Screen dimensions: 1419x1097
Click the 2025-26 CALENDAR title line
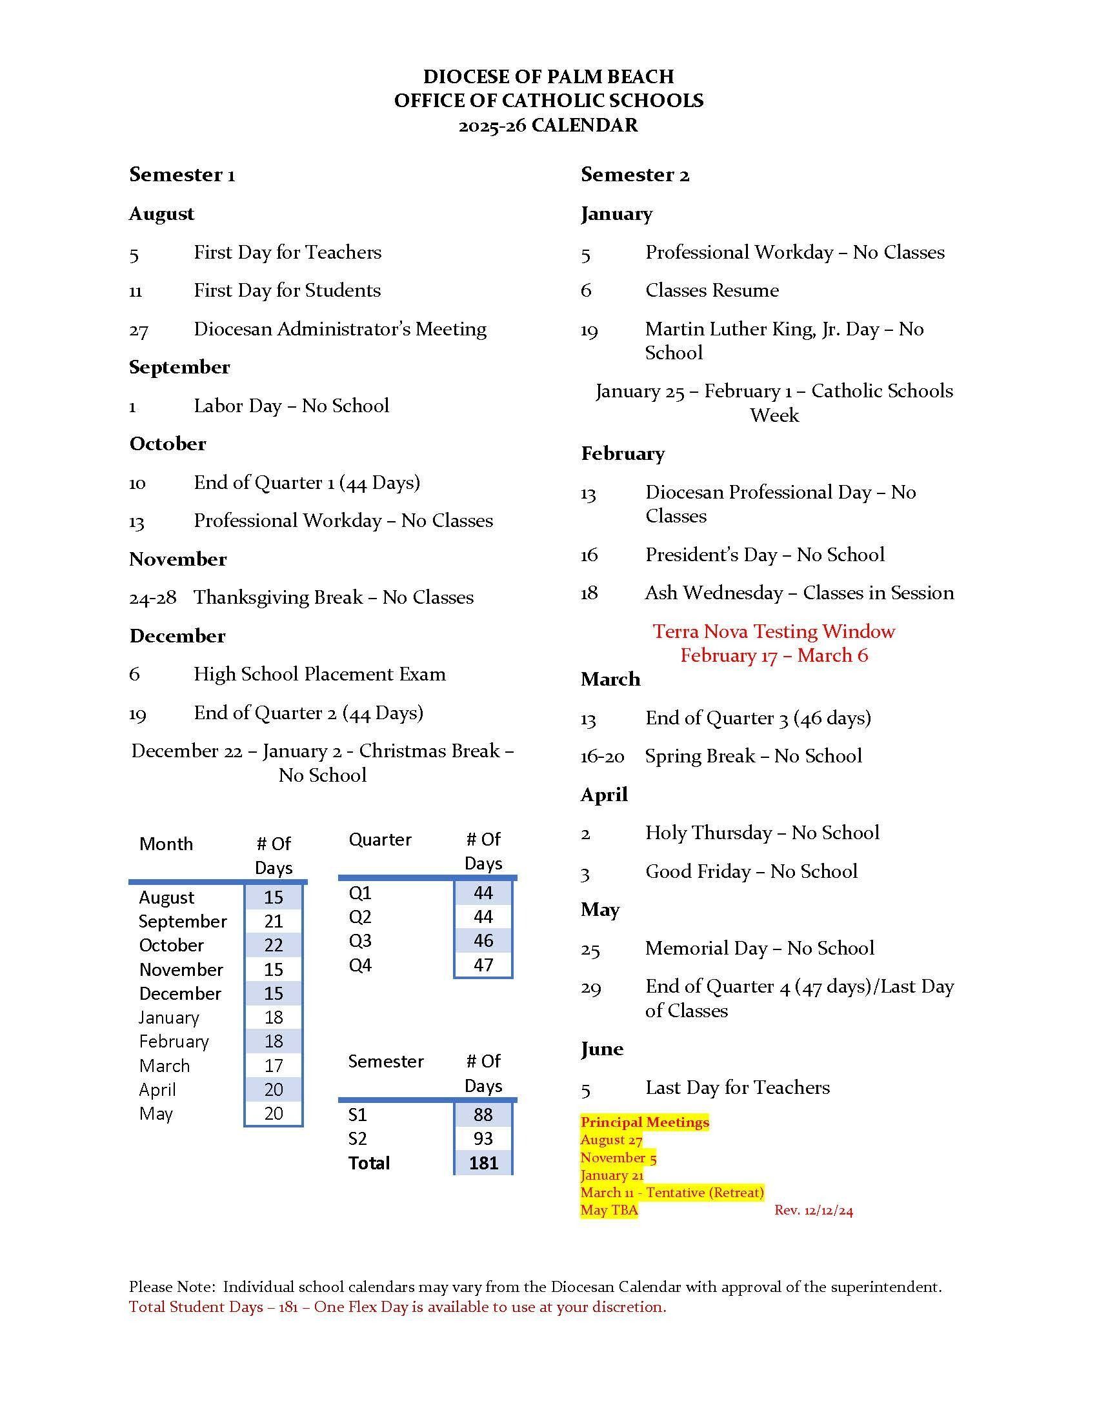click(x=548, y=124)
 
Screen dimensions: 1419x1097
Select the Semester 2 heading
click(x=635, y=174)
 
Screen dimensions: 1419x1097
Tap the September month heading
click(x=179, y=367)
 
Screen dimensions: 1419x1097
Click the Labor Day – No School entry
click(x=291, y=406)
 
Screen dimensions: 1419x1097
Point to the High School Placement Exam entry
click(x=319, y=675)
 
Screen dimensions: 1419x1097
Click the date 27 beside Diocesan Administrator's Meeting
click(x=139, y=330)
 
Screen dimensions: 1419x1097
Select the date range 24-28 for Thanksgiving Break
click(x=153, y=598)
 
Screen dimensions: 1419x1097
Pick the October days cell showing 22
click(x=274, y=946)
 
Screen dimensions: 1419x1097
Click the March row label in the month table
click(x=165, y=1066)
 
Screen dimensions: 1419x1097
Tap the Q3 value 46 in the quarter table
click(x=483, y=941)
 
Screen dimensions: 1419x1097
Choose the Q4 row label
click(x=360, y=966)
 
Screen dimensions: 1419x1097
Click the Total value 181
click(x=483, y=1162)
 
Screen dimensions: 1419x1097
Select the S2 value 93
click(x=483, y=1138)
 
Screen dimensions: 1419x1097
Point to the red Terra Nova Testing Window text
click(x=773, y=631)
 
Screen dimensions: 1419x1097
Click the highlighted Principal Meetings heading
click(x=644, y=1122)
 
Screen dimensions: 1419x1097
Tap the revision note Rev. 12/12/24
click(x=813, y=1211)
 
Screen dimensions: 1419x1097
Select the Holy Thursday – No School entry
click(x=761, y=833)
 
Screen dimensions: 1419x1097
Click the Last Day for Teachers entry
click(x=737, y=1087)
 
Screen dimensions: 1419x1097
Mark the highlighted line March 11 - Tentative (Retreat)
click(x=671, y=1192)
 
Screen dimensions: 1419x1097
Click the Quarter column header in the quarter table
click(x=380, y=839)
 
